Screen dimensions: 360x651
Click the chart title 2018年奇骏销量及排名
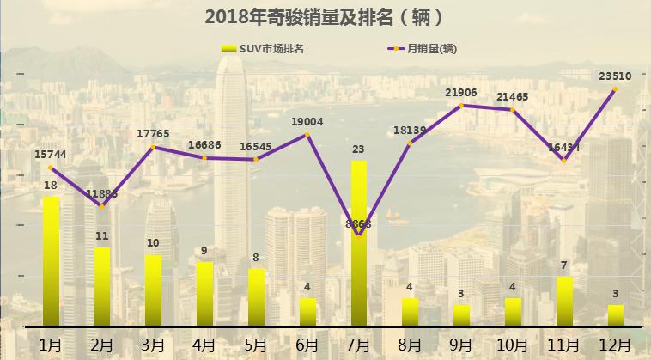point(325,15)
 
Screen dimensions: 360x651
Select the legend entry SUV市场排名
point(264,48)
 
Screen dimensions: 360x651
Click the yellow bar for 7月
point(359,243)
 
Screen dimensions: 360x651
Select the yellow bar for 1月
point(52,261)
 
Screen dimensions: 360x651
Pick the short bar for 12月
point(615,315)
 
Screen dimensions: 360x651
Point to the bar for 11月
point(563,301)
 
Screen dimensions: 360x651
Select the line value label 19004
point(307,122)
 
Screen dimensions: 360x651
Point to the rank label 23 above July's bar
point(359,149)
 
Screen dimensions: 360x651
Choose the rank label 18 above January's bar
point(51,185)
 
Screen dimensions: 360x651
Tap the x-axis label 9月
point(461,345)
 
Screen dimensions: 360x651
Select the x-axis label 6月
point(307,345)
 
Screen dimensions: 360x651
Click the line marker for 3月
point(154,147)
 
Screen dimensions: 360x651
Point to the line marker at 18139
point(411,143)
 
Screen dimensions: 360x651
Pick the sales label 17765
point(153,132)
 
